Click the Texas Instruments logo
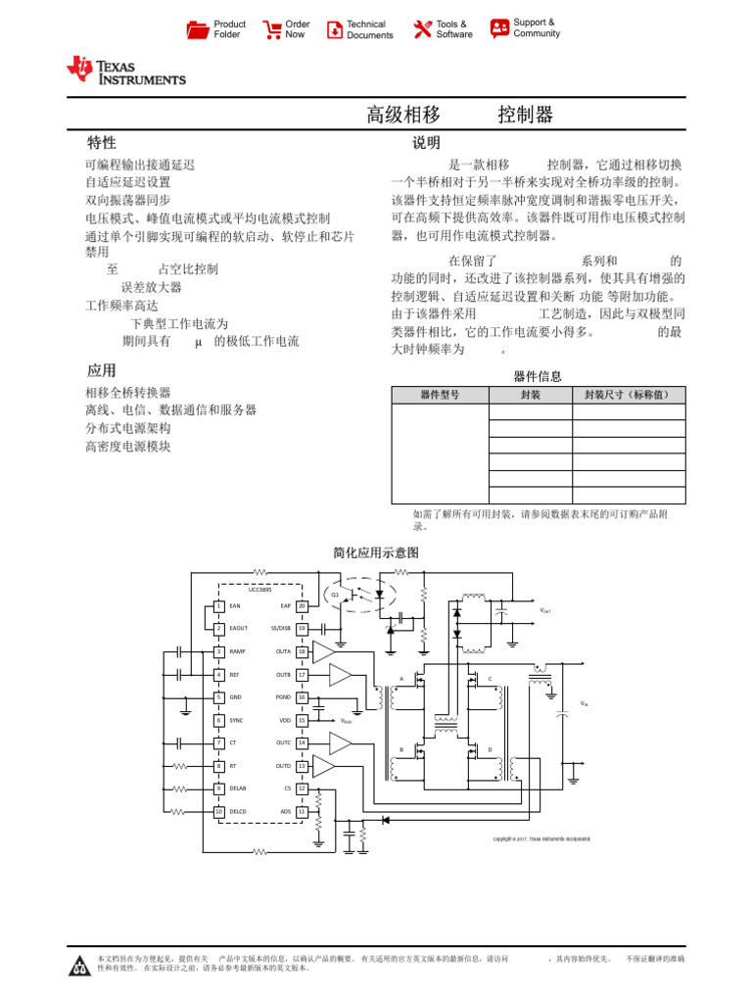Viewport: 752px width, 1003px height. pyautogui.click(x=125, y=70)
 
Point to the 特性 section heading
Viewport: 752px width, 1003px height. pyautogui.click(x=102, y=143)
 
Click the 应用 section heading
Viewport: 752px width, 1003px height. pyautogui.click(x=102, y=370)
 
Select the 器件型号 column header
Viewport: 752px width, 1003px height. pyautogui.click(x=439, y=395)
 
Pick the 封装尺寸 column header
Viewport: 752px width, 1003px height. pyautogui.click(x=628, y=395)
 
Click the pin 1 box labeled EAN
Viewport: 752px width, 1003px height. pyautogui.click(x=219, y=606)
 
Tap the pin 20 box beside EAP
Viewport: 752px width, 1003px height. pyautogui.click(x=303, y=606)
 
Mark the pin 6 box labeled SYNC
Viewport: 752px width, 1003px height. pyautogui.click(x=219, y=720)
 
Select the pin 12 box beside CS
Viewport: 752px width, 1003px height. pyautogui.click(x=303, y=788)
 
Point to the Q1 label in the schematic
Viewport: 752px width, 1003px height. pyautogui.click(x=335, y=595)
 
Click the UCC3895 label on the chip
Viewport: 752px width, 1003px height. pyautogui.click(x=259, y=590)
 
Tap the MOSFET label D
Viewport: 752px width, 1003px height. pyautogui.click(x=490, y=749)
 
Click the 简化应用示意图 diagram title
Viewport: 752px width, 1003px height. pyautogui.click(x=376, y=553)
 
